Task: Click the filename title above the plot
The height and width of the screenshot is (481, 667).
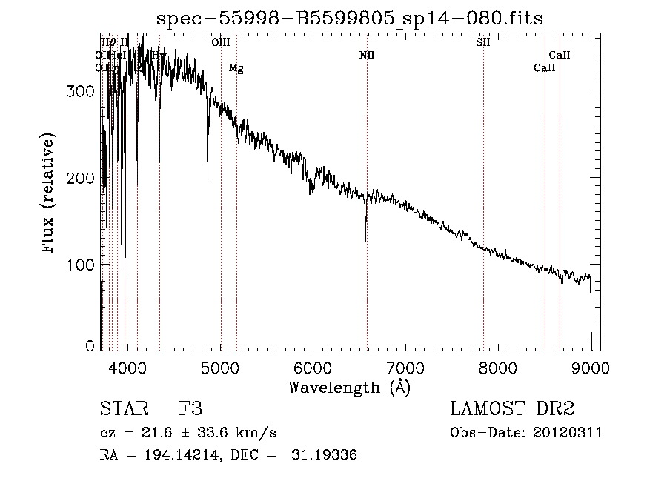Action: coord(350,19)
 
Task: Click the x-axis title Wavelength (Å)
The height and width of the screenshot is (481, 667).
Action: coord(350,386)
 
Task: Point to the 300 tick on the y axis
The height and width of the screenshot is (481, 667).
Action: coord(84,91)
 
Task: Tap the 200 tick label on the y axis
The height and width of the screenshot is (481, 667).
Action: coord(84,178)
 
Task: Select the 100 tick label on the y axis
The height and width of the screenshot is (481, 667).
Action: coord(84,265)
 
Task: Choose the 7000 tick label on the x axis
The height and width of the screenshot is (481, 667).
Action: coord(405,366)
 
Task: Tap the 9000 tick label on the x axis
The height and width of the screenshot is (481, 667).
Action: coord(591,366)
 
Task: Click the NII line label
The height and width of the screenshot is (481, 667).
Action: coord(367,55)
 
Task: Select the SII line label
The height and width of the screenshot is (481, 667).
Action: coord(482,42)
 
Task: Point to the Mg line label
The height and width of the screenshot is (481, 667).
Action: coord(236,68)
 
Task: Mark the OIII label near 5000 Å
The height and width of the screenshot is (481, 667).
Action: coord(221,42)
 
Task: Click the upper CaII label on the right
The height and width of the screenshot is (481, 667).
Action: coord(560,55)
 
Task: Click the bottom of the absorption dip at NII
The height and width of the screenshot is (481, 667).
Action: coord(365,240)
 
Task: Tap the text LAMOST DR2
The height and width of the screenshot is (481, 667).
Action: coord(512,409)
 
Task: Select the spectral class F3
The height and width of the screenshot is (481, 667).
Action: coord(190,409)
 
